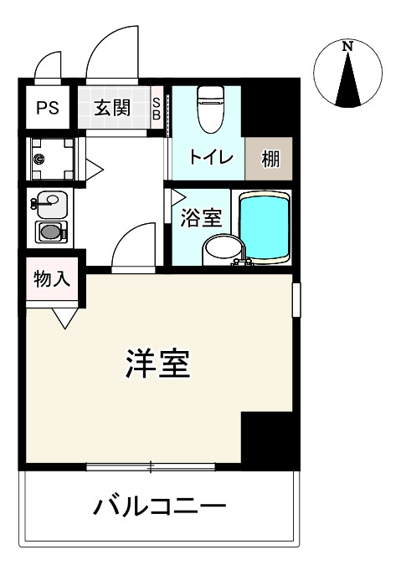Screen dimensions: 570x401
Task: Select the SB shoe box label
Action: pyautogui.click(x=157, y=109)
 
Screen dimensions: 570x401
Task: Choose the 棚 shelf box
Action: pyautogui.click(x=270, y=157)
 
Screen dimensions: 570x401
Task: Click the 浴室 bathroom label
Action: pyautogui.click(x=202, y=219)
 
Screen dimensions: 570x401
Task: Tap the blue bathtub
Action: pyautogui.click(x=265, y=227)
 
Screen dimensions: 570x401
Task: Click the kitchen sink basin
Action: pyautogui.click(x=49, y=201)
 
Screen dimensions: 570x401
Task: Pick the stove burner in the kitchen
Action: pyautogui.click(x=49, y=232)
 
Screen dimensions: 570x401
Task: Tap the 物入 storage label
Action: pyautogui.click(x=52, y=280)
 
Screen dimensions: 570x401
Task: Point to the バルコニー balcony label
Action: pyautogui.click(x=159, y=506)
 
